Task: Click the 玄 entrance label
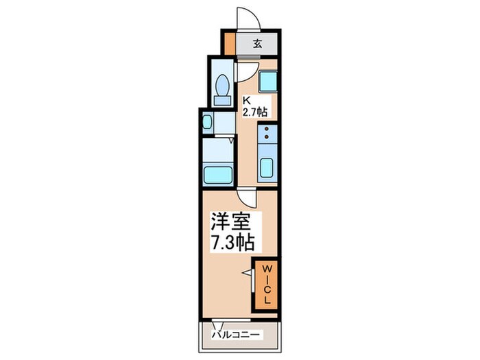pyautogui.click(x=257, y=44)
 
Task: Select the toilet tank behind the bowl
pyautogui.click(x=223, y=100)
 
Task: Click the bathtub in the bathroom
pyautogui.click(x=218, y=175)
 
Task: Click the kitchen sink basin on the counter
pyautogui.click(x=267, y=168)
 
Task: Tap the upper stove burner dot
pyautogui.click(x=267, y=129)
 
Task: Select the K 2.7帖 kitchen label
pyautogui.click(x=255, y=106)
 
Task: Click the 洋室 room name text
pyautogui.click(x=230, y=221)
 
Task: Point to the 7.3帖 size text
pyautogui.click(x=232, y=243)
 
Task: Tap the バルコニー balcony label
pyautogui.click(x=236, y=335)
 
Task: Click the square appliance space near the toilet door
pyautogui.click(x=268, y=82)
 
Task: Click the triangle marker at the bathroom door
pyautogui.click(x=232, y=141)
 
